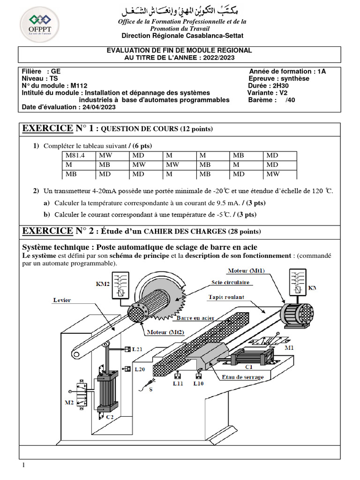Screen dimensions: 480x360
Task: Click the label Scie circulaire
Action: pyautogui.click(x=230, y=283)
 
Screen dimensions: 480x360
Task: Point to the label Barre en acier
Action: pyautogui.click(x=195, y=318)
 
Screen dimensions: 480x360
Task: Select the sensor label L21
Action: pyautogui.click(x=137, y=350)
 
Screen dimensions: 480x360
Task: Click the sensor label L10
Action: pyautogui.click(x=199, y=383)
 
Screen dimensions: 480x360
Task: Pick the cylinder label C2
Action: pyautogui.click(x=109, y=416)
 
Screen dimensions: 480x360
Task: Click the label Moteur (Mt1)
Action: pyautogui.click(x=246, y=271)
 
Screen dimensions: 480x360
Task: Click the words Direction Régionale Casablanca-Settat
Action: pyautogui.click(x=182, y=36)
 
